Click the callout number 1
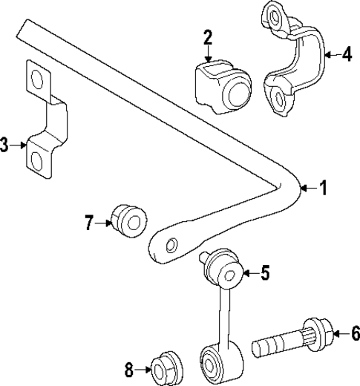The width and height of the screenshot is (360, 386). point(322,188)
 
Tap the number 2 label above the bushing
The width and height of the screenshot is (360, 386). point(208,37)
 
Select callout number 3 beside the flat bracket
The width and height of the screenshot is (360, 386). point(6,145)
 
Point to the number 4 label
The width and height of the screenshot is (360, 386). point(346,53)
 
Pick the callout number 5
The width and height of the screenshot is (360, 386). point(265,273)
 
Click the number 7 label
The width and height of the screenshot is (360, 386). point(89,221)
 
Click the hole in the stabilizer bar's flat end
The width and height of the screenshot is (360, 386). point(171,245)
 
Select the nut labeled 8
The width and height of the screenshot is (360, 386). point(166,367)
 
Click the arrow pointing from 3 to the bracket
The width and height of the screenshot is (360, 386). point(19,145)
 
